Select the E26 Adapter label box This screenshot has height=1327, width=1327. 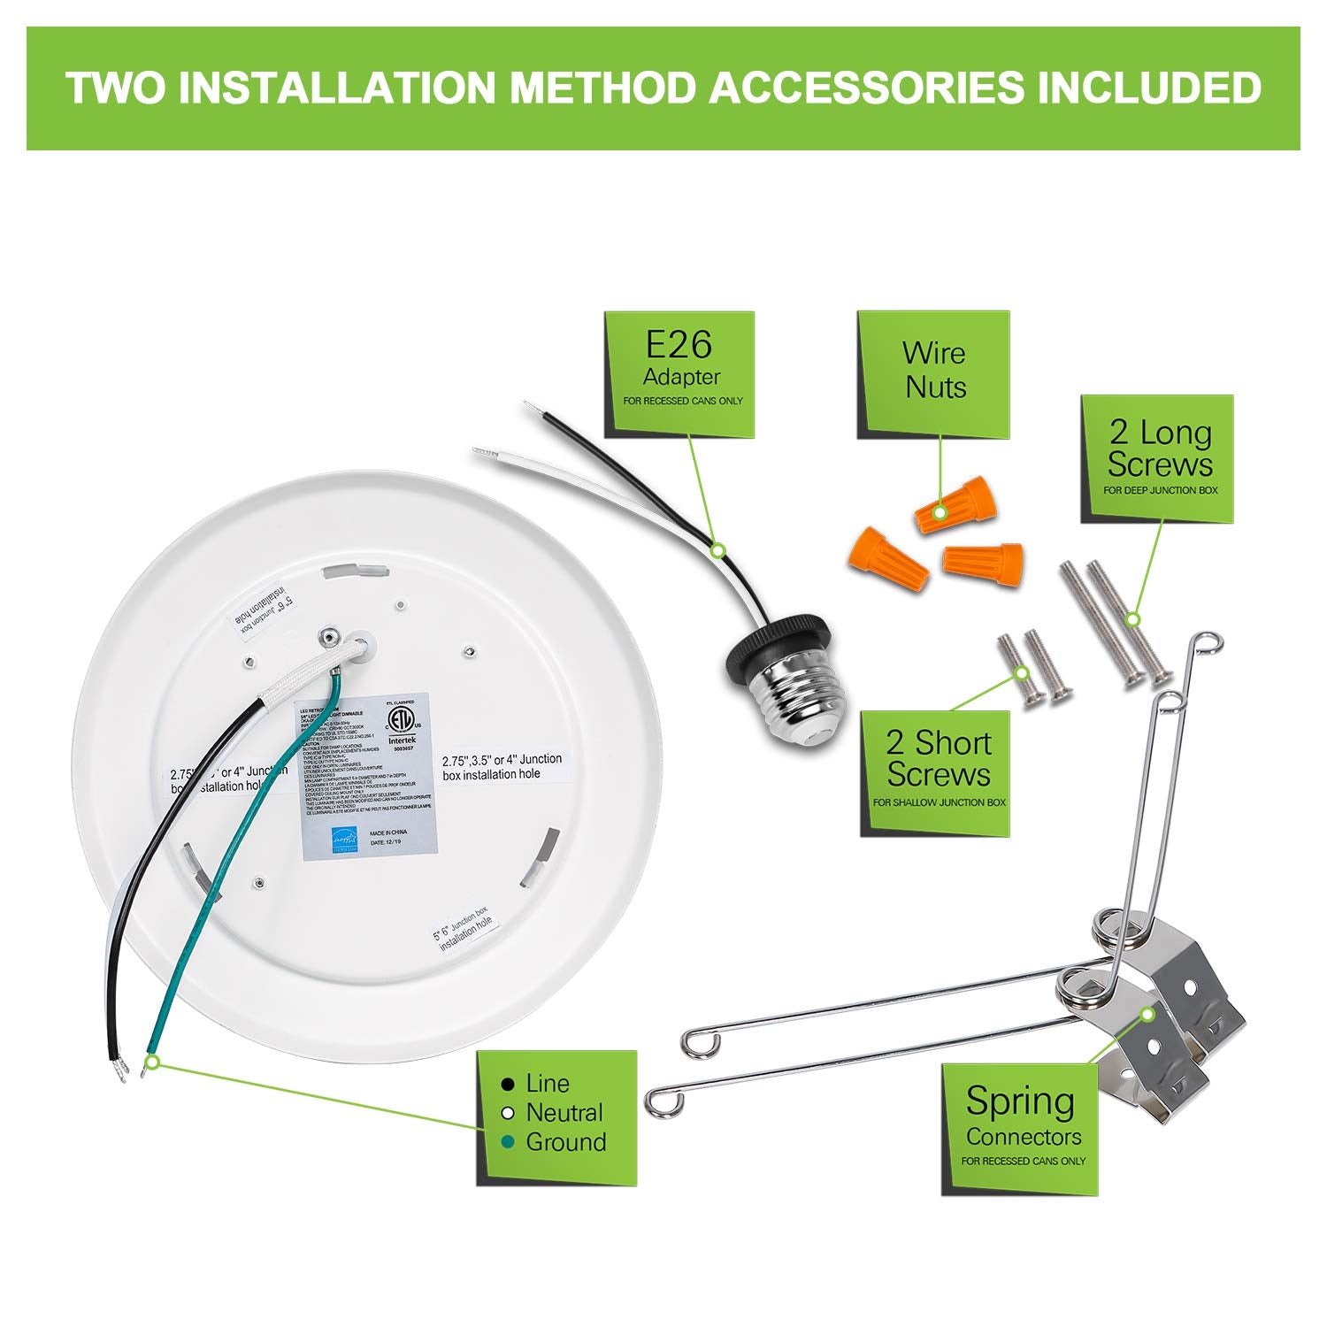tap(679, 374)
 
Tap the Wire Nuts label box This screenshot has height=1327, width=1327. tap(933, 374)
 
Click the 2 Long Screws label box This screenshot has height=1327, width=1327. tap(1157, 458)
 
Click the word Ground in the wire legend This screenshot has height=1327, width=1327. tap(565, 1142)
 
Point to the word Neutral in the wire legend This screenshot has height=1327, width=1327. tap(564, 1113)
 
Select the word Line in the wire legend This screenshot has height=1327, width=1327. tap(547, 1084)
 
